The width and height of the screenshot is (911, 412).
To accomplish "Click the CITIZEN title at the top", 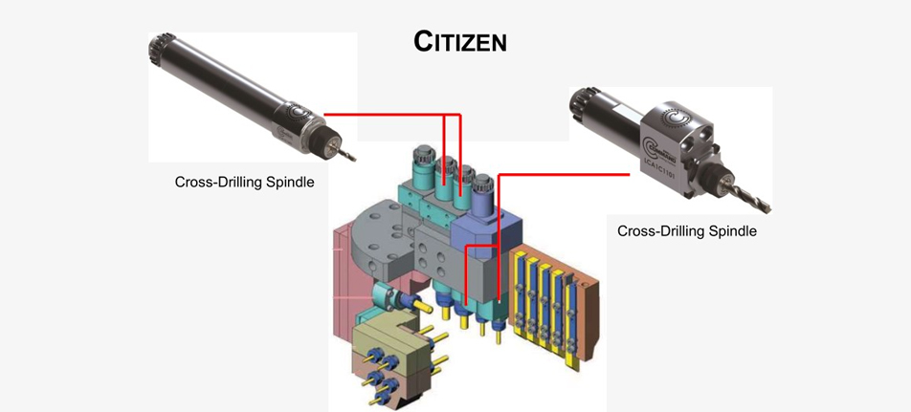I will click(x=459, y=41).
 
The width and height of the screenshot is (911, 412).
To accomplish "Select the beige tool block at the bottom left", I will click(x=383, y=349).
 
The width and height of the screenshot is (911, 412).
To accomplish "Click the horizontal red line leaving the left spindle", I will click(x=383, y=116).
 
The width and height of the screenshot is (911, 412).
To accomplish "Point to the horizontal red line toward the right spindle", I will click(x=565, y=174).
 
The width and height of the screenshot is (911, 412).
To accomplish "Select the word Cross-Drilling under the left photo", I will click(x=215, y=182).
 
